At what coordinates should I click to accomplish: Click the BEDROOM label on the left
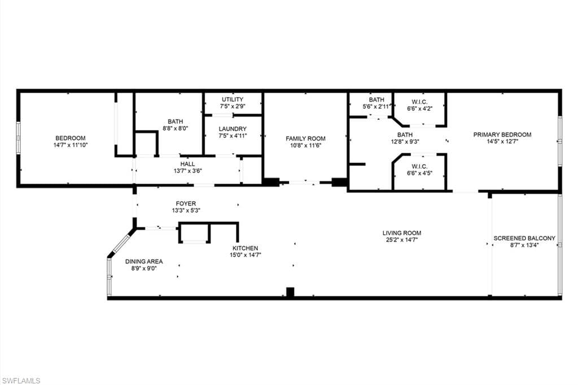70,138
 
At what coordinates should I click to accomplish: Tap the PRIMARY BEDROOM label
502,134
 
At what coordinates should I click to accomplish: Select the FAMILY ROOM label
305,138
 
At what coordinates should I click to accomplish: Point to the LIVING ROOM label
401,233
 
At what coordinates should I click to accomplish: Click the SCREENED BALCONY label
524,238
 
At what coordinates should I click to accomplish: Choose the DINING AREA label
144,261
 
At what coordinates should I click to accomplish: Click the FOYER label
186,203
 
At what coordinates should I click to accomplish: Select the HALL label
187,164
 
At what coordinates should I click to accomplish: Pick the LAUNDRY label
233,129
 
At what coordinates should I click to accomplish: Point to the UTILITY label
232,99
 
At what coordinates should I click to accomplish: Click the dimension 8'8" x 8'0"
175,128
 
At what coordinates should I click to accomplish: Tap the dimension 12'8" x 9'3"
405,142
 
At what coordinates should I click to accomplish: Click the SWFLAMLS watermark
21,380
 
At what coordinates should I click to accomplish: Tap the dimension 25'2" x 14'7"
401,240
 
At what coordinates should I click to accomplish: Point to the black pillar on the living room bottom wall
290,292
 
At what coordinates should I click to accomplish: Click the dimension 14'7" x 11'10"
70,145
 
